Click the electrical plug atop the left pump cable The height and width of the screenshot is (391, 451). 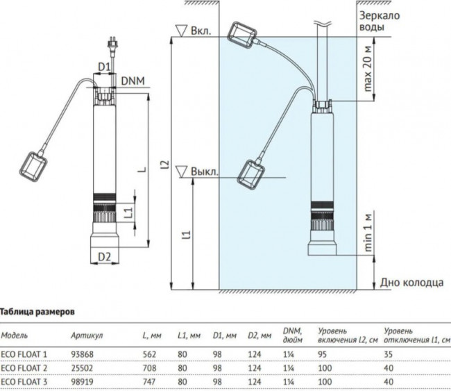point(111,44)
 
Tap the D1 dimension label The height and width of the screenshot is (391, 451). point(104,67)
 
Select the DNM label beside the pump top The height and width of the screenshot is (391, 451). point(133,81)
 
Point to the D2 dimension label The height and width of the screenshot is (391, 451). point(104,256)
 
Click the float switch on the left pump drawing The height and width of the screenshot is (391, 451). point(34,167)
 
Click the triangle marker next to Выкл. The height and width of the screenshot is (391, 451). point(182,172)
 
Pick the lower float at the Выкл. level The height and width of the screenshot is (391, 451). point(250,174)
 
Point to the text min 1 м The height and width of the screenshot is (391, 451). point(368,233)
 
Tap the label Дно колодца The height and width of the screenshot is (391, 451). point(411,283)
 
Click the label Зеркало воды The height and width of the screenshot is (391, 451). point(380,22)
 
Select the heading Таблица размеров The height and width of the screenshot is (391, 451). point(37,312)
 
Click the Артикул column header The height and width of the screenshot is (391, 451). point(87,335)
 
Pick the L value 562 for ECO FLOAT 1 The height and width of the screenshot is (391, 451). point(149,354)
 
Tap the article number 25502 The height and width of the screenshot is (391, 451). point(82,368)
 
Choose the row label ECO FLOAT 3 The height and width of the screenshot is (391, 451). point(24,382)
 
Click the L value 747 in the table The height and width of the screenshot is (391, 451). point(149,382)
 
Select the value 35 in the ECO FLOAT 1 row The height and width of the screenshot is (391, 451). point(389,354)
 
